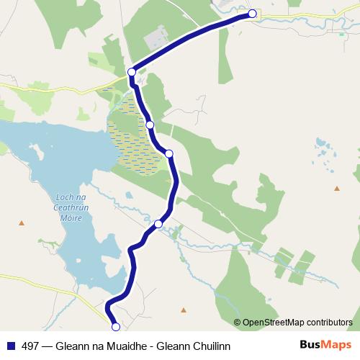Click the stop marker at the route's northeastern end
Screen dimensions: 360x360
click(x=252, y=13)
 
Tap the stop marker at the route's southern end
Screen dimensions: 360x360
click(x=116, y=327)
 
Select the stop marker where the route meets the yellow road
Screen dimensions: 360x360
click(x=132, y=71)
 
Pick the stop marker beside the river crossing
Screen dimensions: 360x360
click(x=158, y=224)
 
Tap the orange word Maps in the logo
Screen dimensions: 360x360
click(x=336, y=345)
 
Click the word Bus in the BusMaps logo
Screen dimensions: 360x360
click(x=310, y=345)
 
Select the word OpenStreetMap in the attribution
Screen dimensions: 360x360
click(x=274, y=322)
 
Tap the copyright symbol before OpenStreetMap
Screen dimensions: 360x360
click(x=238, y=322)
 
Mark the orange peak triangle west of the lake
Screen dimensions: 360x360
click(x=21, y=222)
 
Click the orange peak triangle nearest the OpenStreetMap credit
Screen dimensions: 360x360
click(x=184, y=310)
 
